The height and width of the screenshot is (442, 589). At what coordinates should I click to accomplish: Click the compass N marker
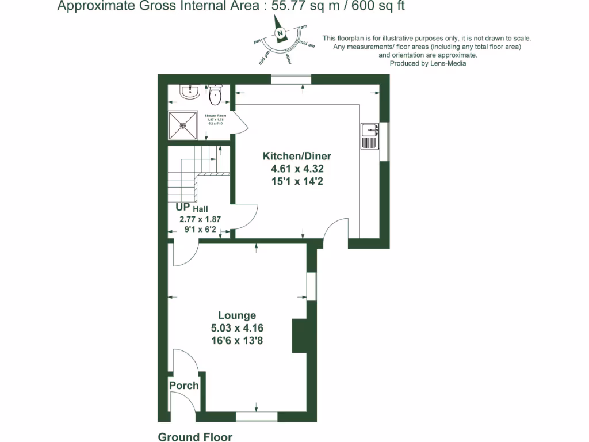pos(280,33)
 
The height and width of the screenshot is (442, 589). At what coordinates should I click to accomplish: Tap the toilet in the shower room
pos(215,94)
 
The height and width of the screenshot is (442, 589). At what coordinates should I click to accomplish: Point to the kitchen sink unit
pos(369,136)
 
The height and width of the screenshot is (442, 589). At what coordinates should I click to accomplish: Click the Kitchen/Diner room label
pos(297,156)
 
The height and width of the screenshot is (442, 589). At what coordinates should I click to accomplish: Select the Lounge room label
pos(237,315)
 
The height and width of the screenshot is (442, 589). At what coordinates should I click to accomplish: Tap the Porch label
pos(184,386)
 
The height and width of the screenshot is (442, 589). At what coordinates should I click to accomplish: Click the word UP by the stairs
pos(183,208)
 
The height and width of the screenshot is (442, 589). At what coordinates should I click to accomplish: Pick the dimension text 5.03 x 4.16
pos(237,328)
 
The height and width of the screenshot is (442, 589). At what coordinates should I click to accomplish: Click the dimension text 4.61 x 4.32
pos(297,169)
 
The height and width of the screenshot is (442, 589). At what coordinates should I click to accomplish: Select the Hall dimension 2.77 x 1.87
pos(200,219)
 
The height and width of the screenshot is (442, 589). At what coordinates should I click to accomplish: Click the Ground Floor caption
pos(195,437)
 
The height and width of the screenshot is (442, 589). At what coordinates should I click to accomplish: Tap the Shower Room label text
pos(216,116)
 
